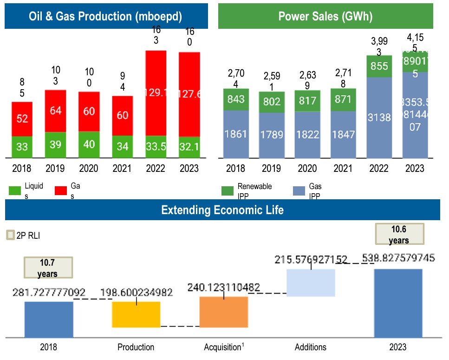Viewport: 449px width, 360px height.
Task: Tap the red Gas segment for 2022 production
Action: (156, 93)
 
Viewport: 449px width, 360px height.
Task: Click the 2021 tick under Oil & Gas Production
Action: (122, 168)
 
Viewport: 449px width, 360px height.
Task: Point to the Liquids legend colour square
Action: (14, 190)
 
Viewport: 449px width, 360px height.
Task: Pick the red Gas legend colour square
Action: (60, 190)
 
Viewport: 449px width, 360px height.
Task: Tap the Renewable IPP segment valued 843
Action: (236, 99)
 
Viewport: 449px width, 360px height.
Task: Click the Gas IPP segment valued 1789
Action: (272, 135)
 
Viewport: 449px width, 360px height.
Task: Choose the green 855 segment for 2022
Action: (379, 66)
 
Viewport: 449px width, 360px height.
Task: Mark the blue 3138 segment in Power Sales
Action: (379, 118)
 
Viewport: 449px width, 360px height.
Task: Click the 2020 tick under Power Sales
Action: (307, 168)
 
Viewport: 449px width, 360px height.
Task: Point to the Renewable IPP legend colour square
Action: (228, 190)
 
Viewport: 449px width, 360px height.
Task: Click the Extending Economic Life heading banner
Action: (222, 210)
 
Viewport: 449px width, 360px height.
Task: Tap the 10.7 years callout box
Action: (48, 268)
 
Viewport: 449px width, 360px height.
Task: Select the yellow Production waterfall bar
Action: (136, 314)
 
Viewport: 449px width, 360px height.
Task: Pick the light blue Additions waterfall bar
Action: (311, 282)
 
